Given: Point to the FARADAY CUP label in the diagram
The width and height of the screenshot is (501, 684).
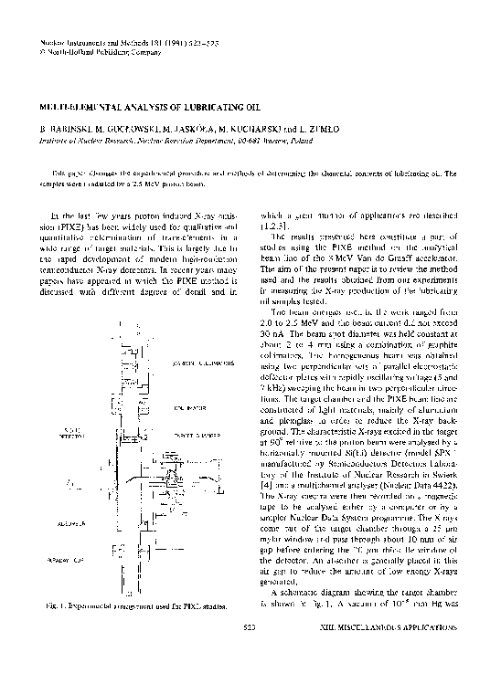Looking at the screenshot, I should (x=44, y=581).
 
